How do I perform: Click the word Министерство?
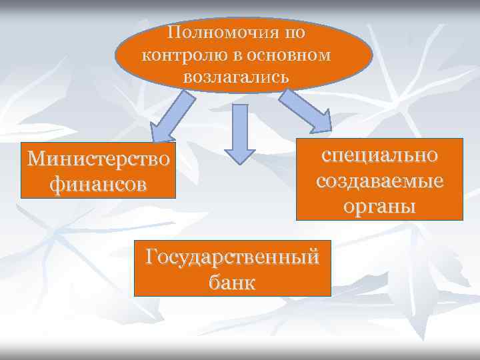coord(99,160)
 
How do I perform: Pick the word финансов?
coord(99,183)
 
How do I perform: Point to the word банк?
coord(232,281)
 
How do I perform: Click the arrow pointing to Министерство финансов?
coord(172,117)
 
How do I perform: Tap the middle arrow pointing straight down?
coord(239,133)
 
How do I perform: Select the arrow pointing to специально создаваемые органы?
coord(305,110)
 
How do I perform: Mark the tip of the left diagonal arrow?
coord(154,141)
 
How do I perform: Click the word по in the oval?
coord(297,32)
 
